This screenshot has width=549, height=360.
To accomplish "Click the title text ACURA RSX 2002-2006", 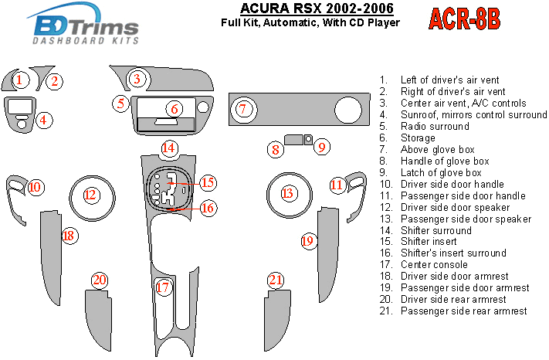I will click(x=305, y=8).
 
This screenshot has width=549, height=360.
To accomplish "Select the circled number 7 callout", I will click(x=242, y=109).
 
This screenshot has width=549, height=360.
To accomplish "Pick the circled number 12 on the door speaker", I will click(x=91, y=194).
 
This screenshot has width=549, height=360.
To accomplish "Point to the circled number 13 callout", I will click(x=287, y=193).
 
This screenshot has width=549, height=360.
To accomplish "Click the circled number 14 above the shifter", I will click(x=169, y=148).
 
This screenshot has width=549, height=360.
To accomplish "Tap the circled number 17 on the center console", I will click(x=162, y=288).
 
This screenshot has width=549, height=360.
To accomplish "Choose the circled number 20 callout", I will click(x=99, y=280).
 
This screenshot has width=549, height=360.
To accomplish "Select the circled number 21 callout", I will click(x=276, y=280).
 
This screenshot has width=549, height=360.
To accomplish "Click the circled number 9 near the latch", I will click(x=323, y=146).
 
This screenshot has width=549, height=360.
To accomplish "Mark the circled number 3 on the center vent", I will click(x=137, y=78).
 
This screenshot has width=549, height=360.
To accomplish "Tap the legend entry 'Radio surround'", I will click(x=435, y=126).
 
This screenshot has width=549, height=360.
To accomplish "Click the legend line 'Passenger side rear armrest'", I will click(x=463, y=311).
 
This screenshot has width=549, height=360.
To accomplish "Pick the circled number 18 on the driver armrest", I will click(x=69, y=236).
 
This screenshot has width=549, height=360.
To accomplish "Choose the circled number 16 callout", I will click(x=207, y=207).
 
